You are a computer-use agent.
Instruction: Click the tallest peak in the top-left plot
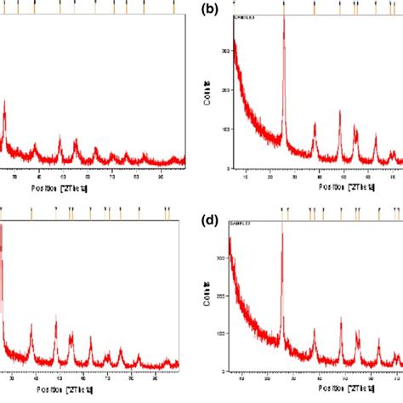5,102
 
